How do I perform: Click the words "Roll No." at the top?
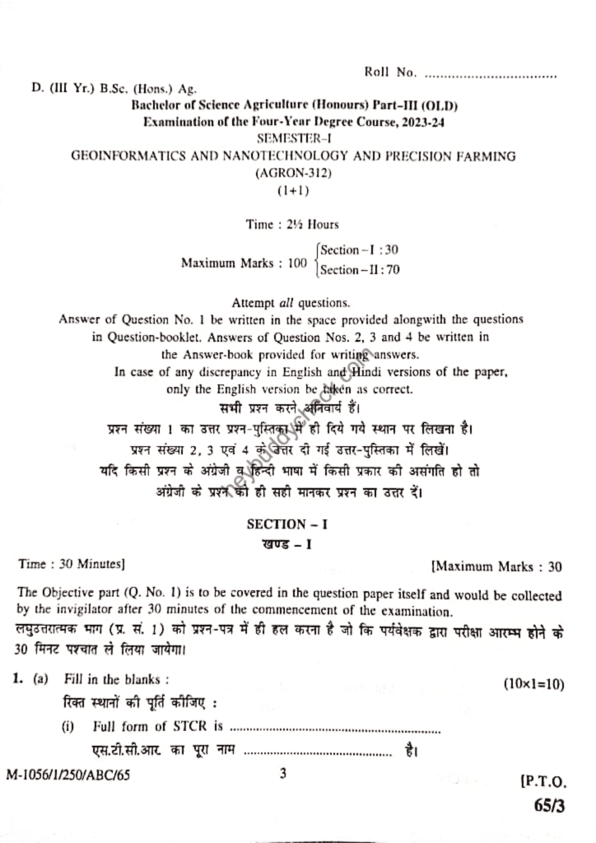390,72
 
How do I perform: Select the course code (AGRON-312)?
292,173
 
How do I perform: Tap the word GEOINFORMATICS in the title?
125,156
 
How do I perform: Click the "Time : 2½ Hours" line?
292,224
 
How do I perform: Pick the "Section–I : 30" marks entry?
360,250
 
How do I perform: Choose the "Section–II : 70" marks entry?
361,269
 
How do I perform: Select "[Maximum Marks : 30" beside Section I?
496,566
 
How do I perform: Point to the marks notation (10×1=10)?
533,683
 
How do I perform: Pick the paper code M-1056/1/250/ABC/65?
68,775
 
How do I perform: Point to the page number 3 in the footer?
282,773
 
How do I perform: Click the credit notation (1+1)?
292,190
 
